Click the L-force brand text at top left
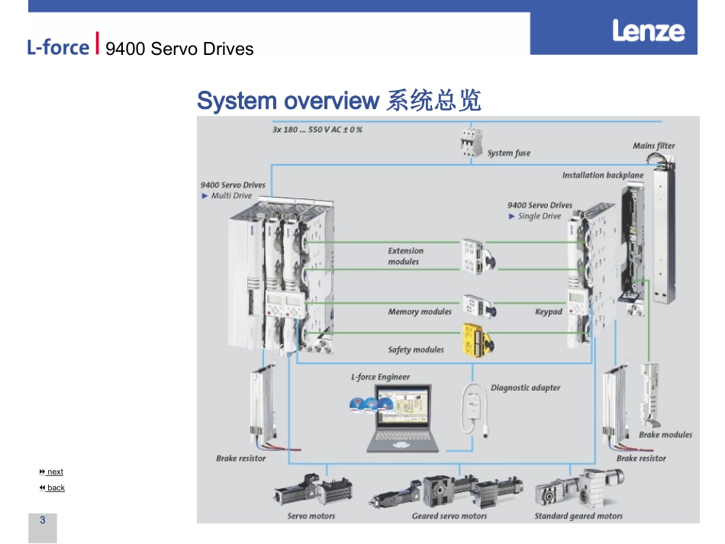(58, 47)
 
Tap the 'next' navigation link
(54, 472)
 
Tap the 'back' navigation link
(55, 488)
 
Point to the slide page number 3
(43, 520)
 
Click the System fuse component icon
(469, 143)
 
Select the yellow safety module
(475, 340)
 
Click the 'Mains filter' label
(653, 146)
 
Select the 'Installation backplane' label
(602, 175)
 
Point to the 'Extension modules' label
(405, 256)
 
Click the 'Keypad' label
(548, 312)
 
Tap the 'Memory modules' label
(420, 312)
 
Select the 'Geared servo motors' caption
(449, 517)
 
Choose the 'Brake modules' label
(665, 435)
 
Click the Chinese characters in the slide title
(433, 101)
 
